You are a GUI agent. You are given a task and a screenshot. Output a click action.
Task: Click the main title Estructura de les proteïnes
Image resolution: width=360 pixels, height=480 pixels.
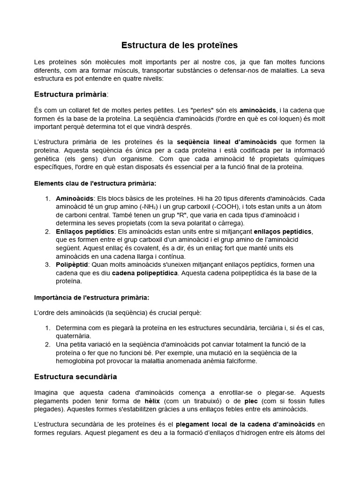[180, 45]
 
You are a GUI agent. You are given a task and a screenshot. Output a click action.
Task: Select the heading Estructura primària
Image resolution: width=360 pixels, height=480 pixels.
[70, 94]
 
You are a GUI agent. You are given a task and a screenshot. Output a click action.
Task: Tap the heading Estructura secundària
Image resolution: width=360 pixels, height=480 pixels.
[75, 376]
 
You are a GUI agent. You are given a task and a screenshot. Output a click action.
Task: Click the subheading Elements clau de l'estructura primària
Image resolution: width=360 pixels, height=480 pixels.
[95, 183]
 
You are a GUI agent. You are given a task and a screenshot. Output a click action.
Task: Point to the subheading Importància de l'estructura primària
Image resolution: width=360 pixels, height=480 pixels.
[92, 297]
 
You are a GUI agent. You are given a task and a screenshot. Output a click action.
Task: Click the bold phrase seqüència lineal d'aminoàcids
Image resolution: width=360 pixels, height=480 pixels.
[226, 142]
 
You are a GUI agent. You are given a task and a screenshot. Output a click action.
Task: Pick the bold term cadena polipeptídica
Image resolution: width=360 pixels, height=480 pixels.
[144, 273]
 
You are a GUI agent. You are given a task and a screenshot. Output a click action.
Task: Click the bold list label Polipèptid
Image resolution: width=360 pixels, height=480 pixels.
[71, 264]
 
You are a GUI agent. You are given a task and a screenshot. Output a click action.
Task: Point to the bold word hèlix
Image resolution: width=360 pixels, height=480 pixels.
[152, 401]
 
